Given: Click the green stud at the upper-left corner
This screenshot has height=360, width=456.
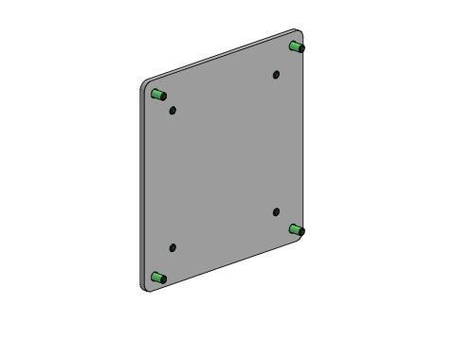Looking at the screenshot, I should pos(158,94).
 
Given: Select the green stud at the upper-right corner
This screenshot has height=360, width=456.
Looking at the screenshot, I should pos(296,45).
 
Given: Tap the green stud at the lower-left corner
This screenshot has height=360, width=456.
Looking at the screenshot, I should pos(158,278).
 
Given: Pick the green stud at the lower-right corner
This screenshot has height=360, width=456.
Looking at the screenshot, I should pos(296,229).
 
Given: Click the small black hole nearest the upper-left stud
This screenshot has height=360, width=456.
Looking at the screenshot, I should pos(173,110).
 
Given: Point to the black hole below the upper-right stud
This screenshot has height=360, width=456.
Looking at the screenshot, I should pos(276,74).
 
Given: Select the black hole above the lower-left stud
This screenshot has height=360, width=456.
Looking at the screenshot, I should pos(173,248).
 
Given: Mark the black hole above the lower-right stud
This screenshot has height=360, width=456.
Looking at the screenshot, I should pos(276,212).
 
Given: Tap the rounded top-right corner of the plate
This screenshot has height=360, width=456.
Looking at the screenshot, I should pos(301,33).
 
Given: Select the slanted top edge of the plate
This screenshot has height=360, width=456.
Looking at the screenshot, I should pos(223,56).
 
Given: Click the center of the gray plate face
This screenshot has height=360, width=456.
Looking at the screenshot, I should pos(224,161).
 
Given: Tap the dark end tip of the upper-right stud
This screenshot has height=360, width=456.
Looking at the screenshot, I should pos(301,47).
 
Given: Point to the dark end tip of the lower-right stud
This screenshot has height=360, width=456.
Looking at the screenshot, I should pos(301,231).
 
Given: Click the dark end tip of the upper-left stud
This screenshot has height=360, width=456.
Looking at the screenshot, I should pos(164,95).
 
